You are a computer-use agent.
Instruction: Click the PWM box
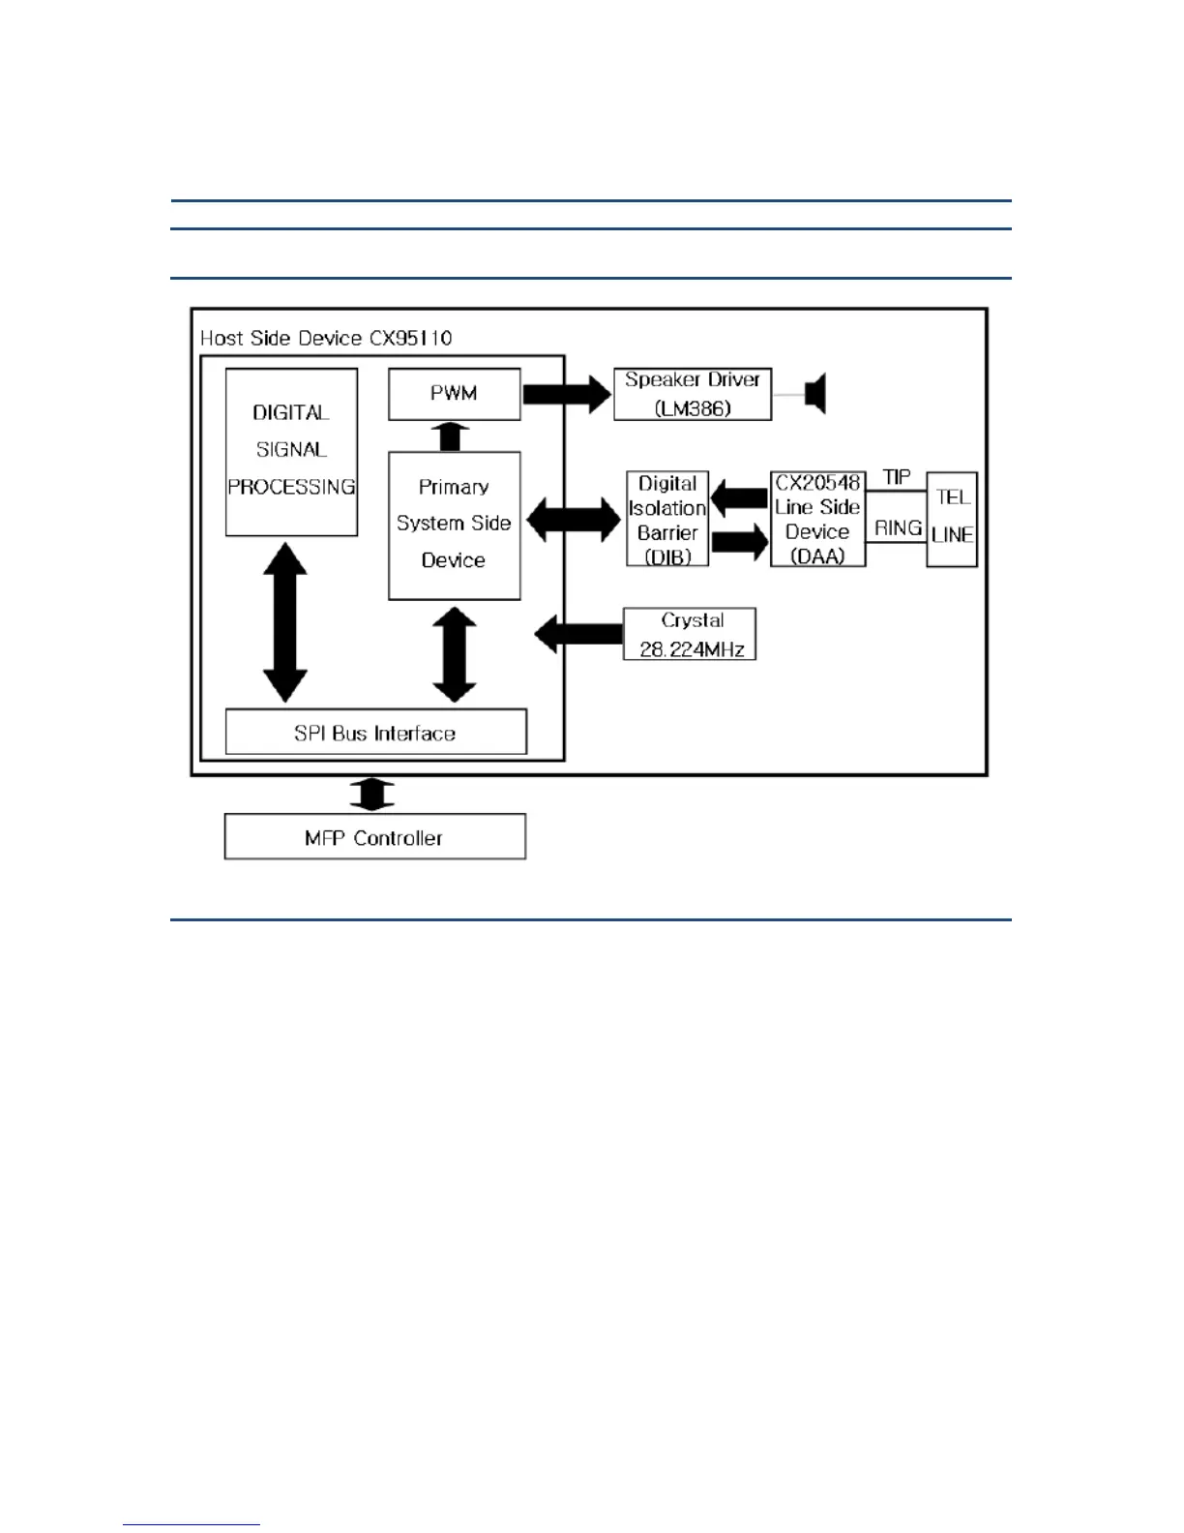click(454, 394)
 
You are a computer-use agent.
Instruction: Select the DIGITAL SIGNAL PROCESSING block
click(291, 451)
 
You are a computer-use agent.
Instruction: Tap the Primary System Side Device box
click(454, 525)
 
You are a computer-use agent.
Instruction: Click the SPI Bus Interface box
click(375, 733)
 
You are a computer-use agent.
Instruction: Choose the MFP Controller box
click(374, 837)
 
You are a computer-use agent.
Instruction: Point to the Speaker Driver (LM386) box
click(693, 394)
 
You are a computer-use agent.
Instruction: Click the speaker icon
click(815, 394)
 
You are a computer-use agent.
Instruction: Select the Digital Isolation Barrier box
click(667, 519)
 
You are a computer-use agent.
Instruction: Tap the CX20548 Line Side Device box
click(817, 519)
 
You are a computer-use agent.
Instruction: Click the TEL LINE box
click(952, 519)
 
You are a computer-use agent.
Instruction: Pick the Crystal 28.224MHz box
click(690, 635)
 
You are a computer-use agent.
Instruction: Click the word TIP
click(897, 478)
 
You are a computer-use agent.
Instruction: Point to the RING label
click(897, 527)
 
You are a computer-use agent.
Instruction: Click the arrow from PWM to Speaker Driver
click(567, 394)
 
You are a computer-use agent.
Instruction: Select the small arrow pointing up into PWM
click(449, 436)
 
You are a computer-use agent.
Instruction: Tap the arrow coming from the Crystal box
click(578, 635)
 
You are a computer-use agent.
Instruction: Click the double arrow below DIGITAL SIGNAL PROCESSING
click(285, 622)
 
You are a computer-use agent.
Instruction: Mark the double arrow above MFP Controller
click(372, 795)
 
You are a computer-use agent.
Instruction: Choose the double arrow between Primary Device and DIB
click(574, 521)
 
